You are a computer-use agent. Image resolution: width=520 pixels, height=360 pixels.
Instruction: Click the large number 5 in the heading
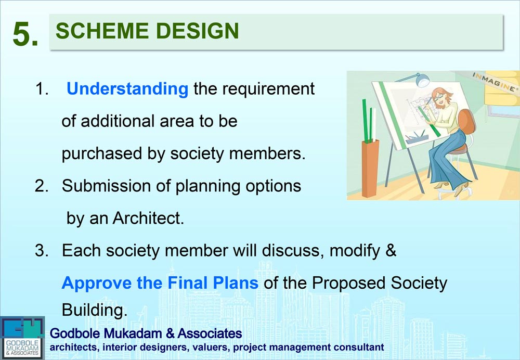pos(25,35)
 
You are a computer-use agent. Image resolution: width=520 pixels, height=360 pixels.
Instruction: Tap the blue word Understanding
pos(127,89)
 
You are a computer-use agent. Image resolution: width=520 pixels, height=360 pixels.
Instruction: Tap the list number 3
pos(41,251)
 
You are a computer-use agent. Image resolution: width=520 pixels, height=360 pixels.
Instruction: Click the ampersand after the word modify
pos(391,251)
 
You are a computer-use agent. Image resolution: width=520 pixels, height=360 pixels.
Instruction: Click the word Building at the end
pos(94,311)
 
